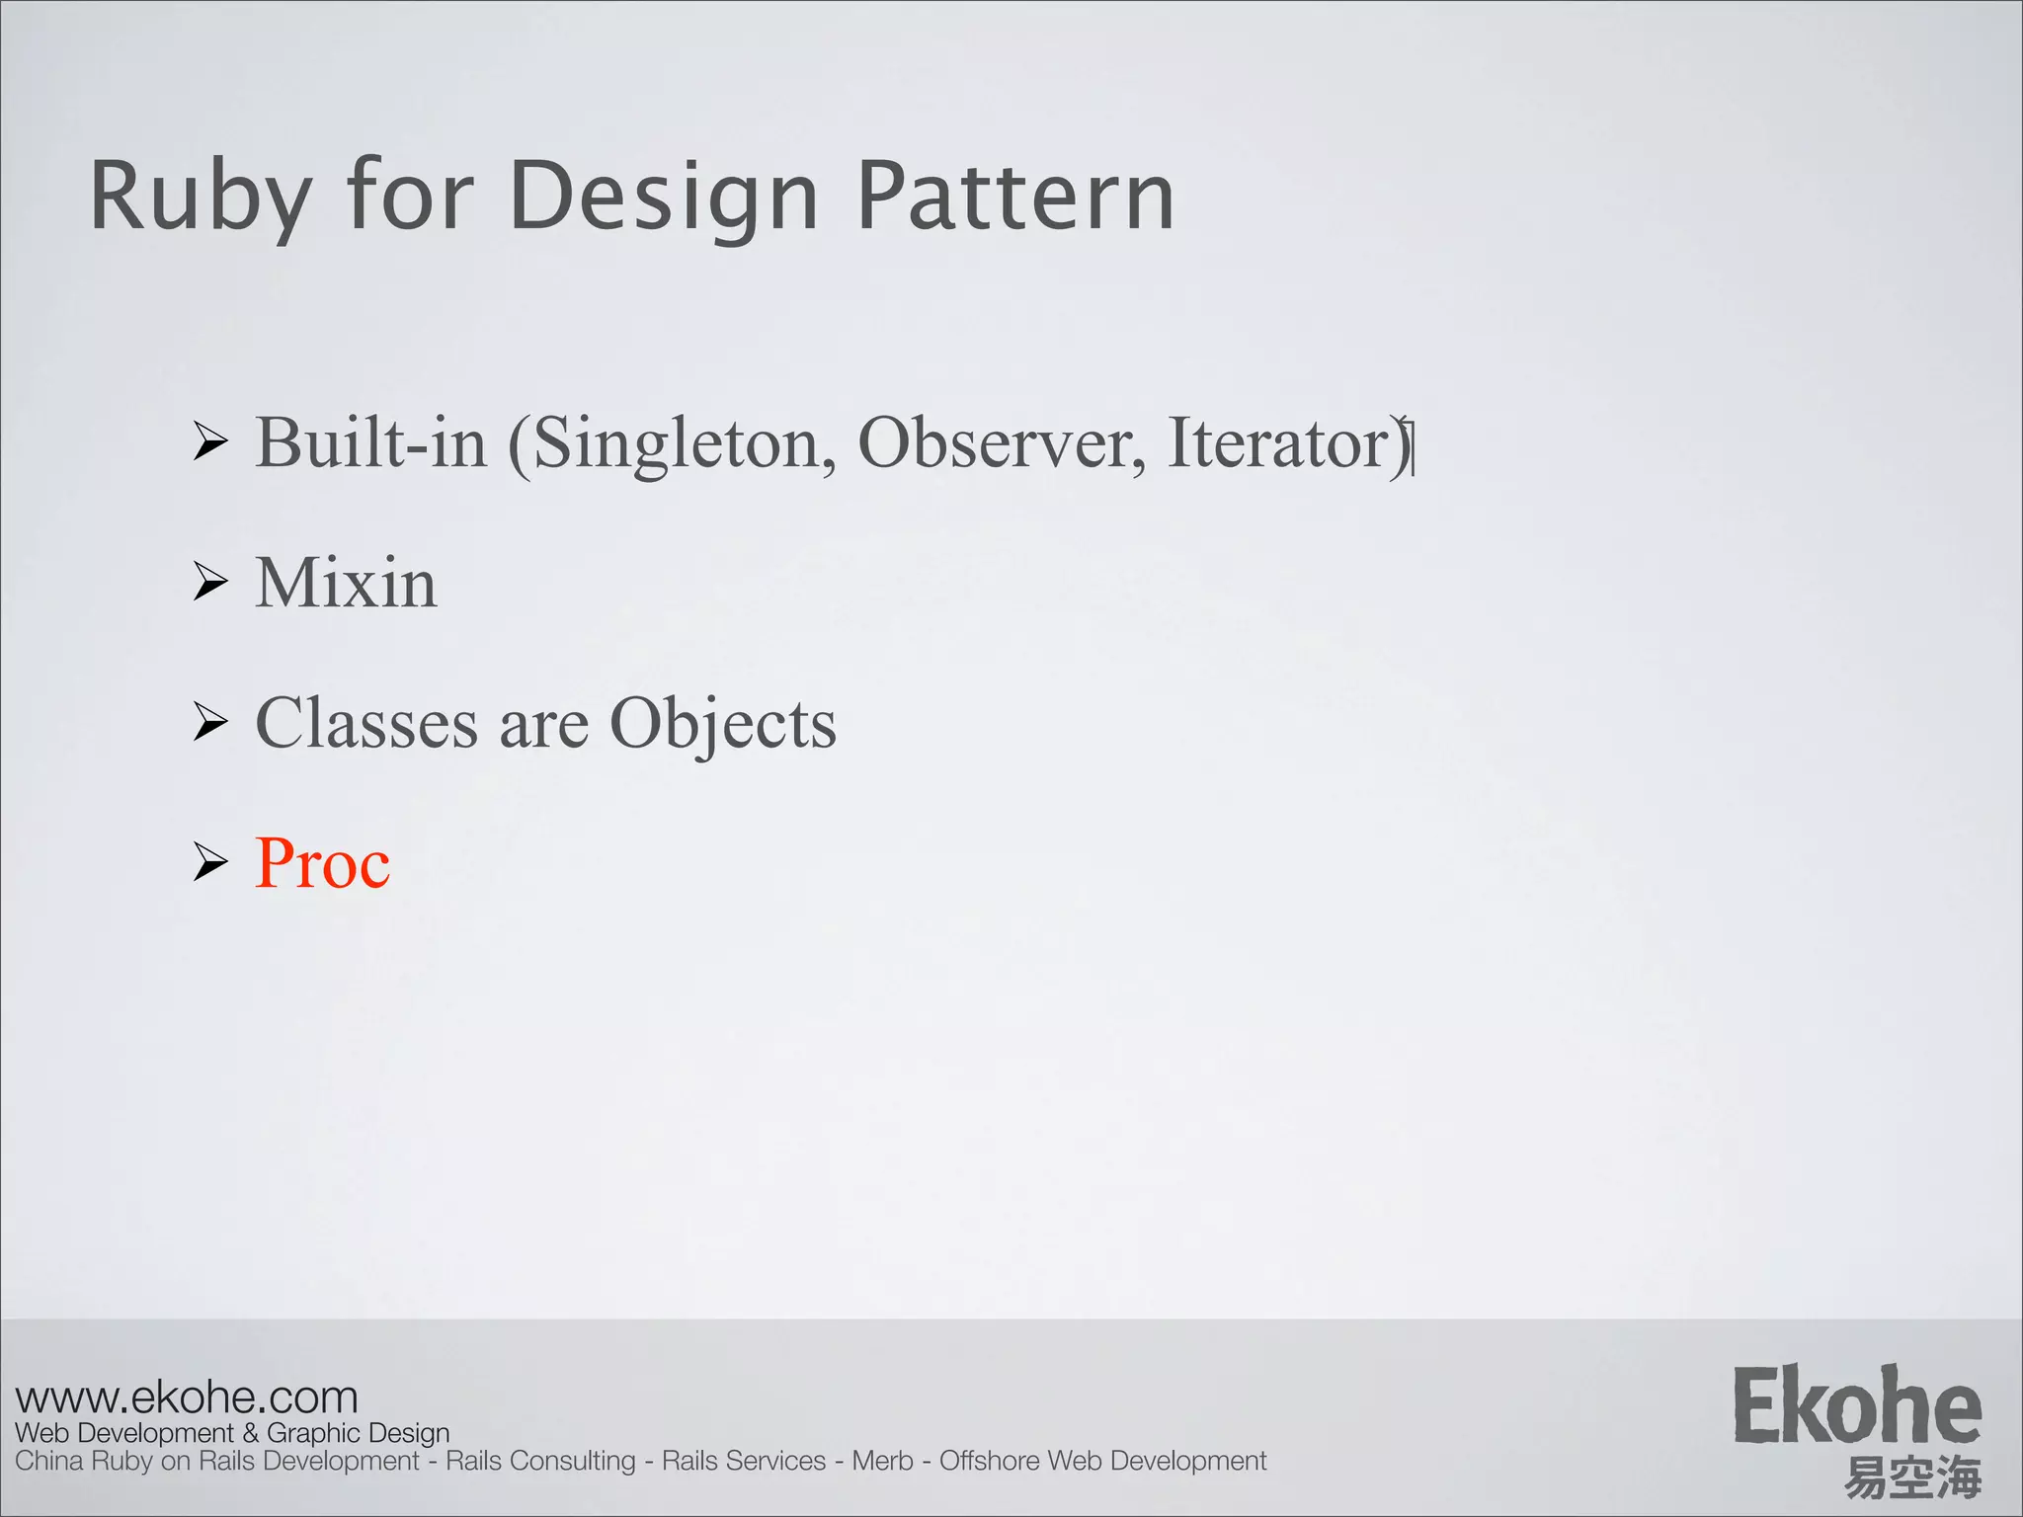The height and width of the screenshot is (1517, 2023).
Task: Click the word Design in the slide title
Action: click(x=664, y=198)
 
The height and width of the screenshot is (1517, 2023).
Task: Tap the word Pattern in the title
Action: click(x=1015, y=198)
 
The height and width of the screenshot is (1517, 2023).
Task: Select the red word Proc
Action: click(x=322, y=863)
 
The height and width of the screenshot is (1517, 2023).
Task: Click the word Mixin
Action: click(x=346, y=583)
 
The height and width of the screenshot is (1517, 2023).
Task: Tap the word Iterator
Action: click(x=1280, y=442)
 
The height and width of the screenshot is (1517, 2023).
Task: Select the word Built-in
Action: click(x=371, y=442)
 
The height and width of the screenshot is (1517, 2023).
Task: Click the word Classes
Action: click(x=366, y=723)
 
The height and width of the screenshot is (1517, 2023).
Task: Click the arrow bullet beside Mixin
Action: click(x=210, y=582)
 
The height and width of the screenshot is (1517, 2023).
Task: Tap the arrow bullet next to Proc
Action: click(x=210, y=862)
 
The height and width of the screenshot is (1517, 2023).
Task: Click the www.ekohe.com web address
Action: click(x=187, y=1397)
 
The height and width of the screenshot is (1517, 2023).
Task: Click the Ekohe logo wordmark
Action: click(x=1857, y=1406)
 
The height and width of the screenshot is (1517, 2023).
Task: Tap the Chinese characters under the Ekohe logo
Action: click(x=1912, y=1478)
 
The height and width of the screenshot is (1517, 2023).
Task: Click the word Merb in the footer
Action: click(x=882, y=1461)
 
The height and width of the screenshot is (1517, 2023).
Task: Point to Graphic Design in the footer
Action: click(x=358, y=1433)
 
